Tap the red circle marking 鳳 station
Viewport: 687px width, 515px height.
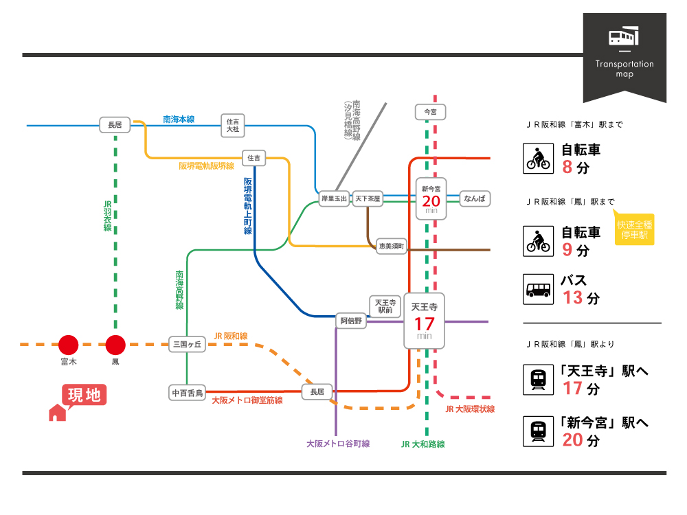(x=115, y=345)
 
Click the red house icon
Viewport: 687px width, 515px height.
(x=58, y=412)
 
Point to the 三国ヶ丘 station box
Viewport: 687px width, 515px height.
(x=188, y=345)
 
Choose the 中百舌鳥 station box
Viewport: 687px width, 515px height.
(x=188, y=393)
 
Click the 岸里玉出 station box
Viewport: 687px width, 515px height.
(x=335, y=198)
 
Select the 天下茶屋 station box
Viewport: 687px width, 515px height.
(x=368, y=198)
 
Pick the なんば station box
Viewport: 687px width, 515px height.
(x=474, y=198)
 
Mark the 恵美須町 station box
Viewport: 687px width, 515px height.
(x=392, y=245)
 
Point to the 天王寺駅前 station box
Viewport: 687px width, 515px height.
(x=385, y=306)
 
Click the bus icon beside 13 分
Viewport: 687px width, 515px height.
(x=539, y=290)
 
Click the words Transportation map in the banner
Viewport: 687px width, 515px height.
(x=624, y=69)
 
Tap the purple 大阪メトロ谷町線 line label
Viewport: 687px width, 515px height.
(x=338, y=444)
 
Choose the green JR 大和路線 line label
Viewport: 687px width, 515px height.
(x=423, y=444)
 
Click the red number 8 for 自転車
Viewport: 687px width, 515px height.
(x=567, y=167)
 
